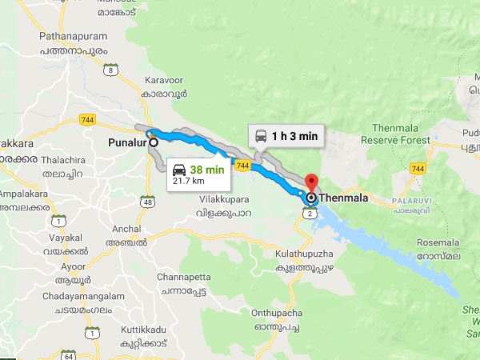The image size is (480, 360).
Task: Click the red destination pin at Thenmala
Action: (312, 183)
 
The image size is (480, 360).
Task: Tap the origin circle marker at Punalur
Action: (153, 144)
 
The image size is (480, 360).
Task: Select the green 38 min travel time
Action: (207, 169)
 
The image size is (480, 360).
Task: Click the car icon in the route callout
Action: (179, 169)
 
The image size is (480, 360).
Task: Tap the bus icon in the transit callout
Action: (261, 136)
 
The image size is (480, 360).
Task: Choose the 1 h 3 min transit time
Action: (294, 136)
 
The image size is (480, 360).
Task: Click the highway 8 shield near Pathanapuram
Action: (110, 70)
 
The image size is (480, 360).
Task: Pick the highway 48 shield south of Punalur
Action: (149, 202)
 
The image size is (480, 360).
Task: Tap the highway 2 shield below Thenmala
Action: (308, 212)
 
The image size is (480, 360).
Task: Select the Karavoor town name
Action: (165, 81)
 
